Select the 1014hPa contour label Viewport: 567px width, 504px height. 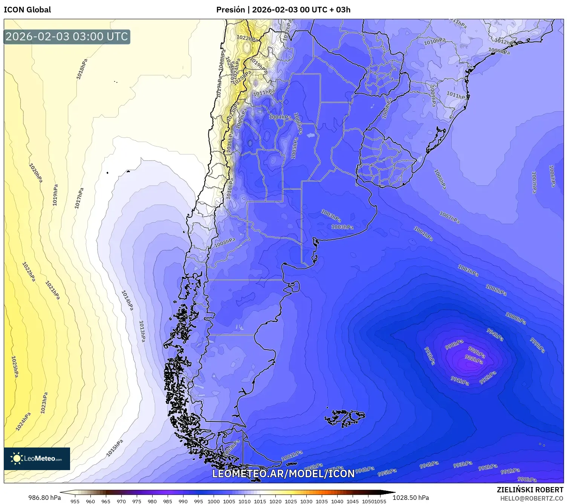127,300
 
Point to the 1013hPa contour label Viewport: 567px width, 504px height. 142,331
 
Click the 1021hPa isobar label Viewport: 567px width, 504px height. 52,290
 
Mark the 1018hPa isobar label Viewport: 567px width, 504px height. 82,69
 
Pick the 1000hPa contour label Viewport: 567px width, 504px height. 515,318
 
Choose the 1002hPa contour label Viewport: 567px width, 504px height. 496,290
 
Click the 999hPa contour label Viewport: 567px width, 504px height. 537,345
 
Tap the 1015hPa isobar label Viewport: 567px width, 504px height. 115,448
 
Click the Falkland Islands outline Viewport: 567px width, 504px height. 345,417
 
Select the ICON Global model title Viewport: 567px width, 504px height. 27,10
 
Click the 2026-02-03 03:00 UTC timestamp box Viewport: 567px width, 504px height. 67,37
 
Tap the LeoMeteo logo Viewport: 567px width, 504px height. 37,458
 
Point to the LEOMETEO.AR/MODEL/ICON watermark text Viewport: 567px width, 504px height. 283,473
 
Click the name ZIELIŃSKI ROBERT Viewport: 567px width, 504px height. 530,490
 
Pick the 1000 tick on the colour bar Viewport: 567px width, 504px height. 214,501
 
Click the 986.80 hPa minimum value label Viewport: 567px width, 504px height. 44,498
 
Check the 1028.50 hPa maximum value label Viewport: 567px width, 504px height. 411,498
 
